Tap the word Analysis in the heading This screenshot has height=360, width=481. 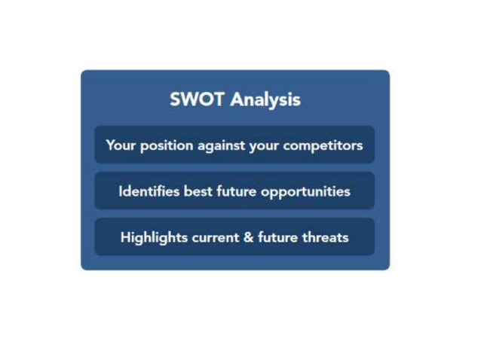[x=265, y=99]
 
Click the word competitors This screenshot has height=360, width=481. [x=323, y=145]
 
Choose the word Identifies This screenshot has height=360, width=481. [x=149, y=191]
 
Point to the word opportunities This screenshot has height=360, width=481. [x=305, y=191]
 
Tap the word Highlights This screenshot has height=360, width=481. [x=153, y=238]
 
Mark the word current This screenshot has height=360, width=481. [x=214, y=238]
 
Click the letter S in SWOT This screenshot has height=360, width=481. [x=176, y=99]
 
